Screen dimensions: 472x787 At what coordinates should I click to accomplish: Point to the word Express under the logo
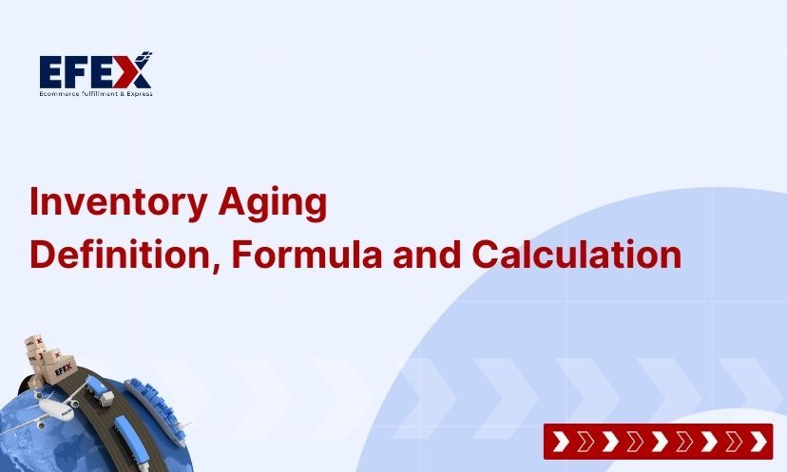click(136, 93)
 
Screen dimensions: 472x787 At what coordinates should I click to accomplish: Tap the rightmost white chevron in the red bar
click(758, 442)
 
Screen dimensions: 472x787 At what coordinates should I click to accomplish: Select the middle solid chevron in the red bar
click(658, 442)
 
